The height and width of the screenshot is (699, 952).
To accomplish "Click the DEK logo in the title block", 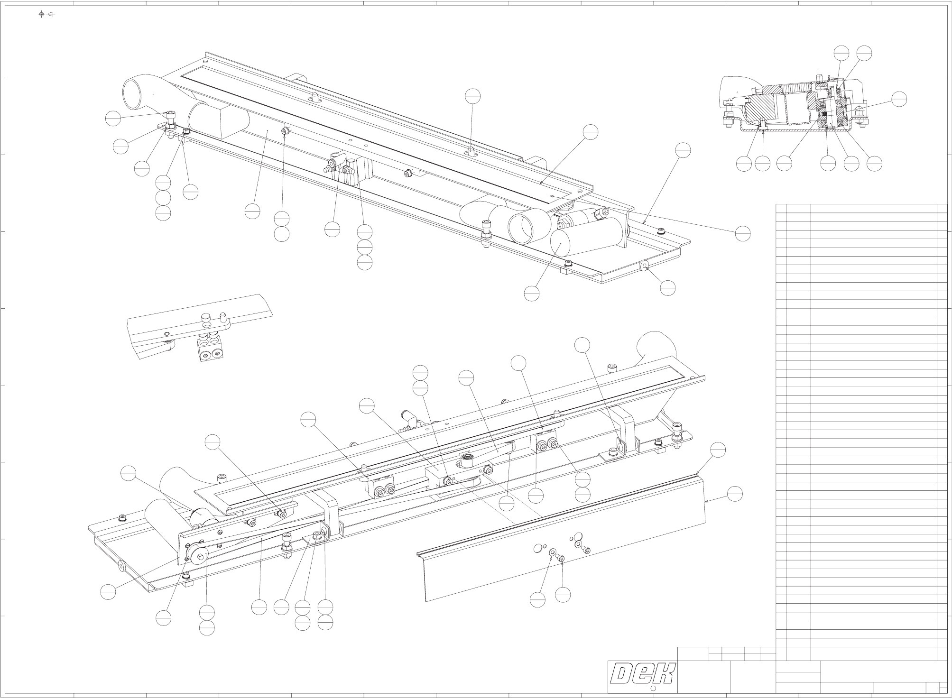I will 643,673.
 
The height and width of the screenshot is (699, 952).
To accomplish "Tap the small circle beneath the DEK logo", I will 652,689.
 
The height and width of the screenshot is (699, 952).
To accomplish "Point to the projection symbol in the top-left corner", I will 46,14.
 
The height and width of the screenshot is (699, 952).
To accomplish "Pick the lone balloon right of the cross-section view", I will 898,99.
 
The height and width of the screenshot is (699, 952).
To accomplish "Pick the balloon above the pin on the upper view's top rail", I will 472,96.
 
